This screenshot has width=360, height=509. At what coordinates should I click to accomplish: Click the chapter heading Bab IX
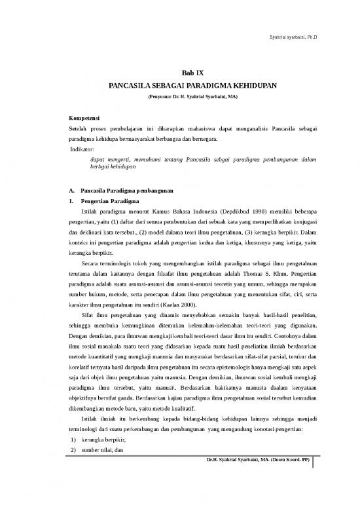180,72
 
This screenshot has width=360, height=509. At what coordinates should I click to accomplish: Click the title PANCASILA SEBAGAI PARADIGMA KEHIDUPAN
180,86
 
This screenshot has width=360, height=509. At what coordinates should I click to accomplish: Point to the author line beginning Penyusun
180,97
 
